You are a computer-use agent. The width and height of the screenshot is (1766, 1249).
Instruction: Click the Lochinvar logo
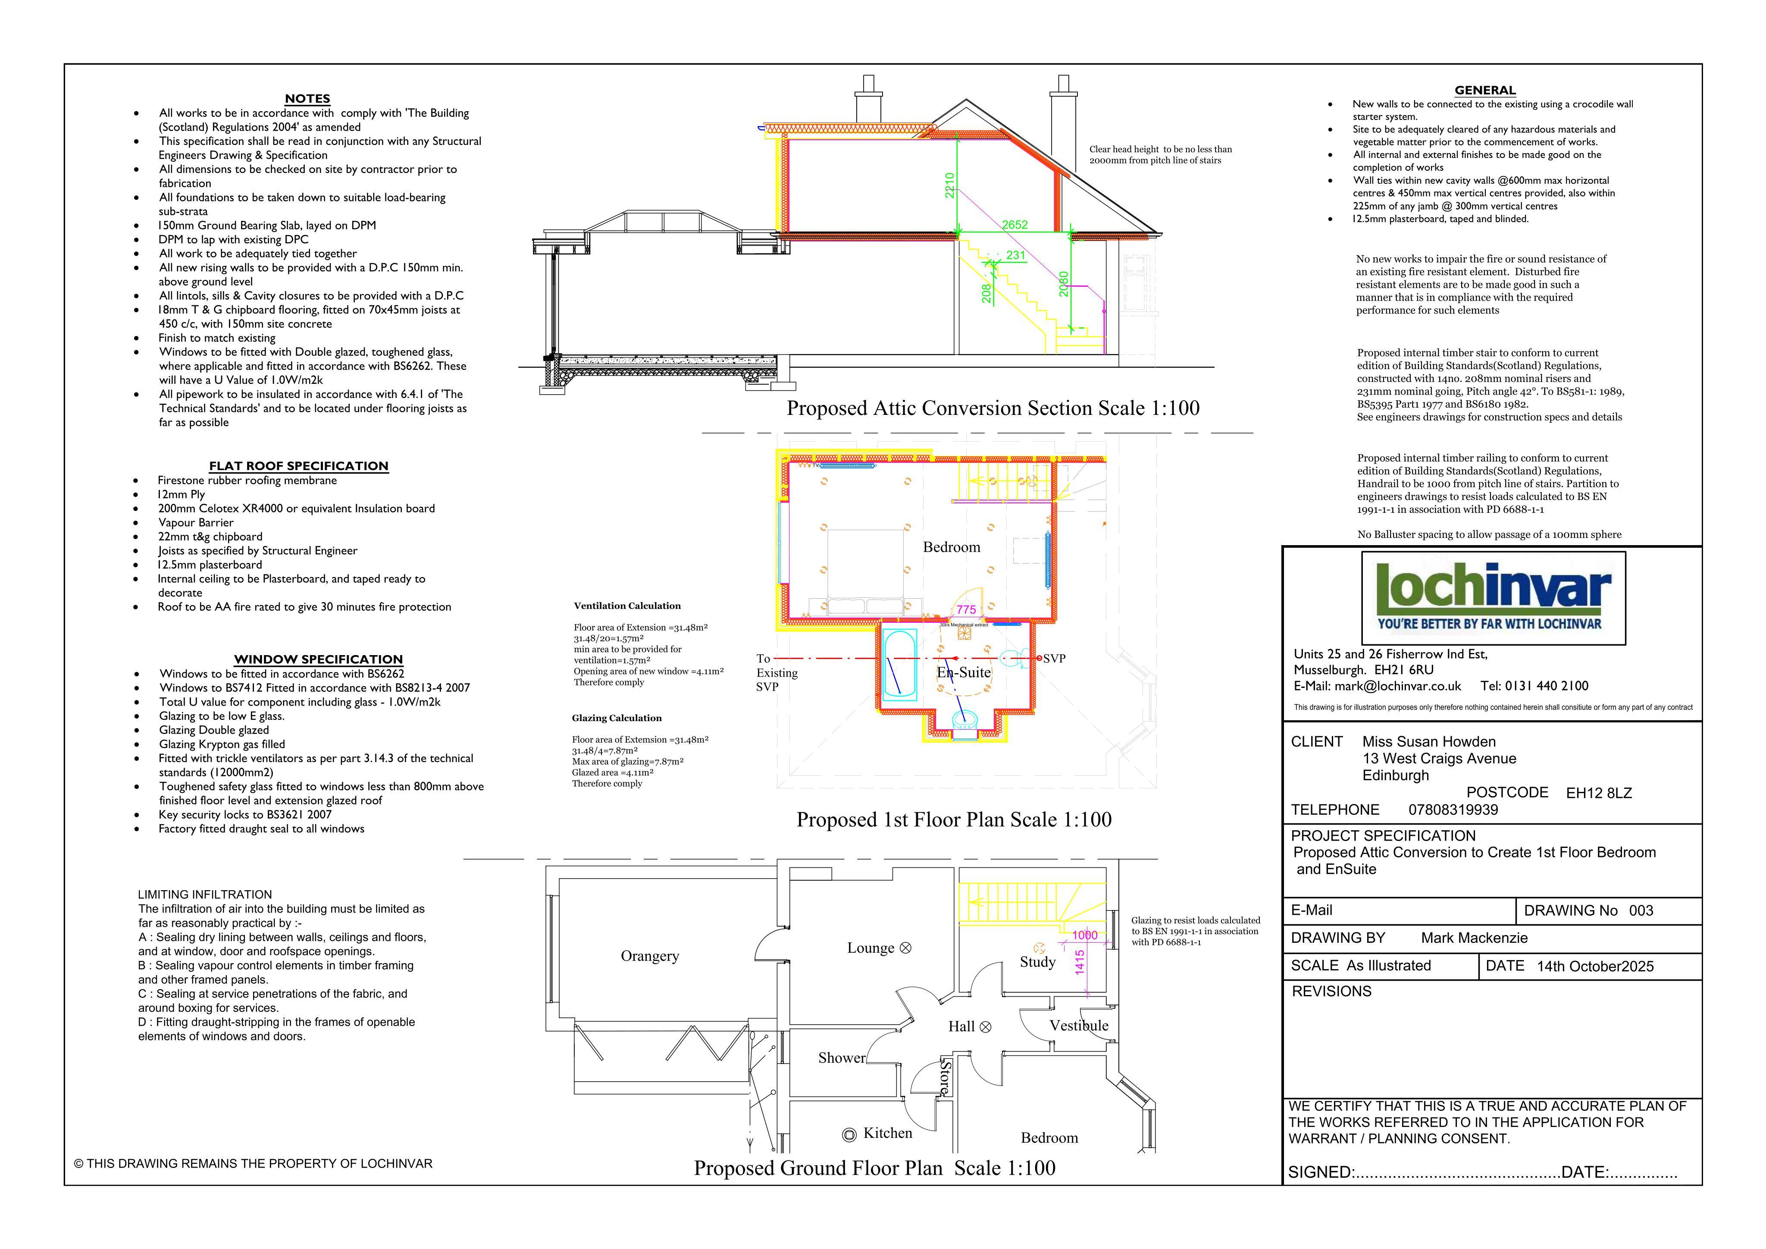pyautogui.click(x=1493, y=597)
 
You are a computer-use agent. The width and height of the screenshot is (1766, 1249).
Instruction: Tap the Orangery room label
pyautogui.click(x=650, y=957)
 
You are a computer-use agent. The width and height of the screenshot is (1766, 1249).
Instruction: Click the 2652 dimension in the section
pyautogui.click(x=1015, y=225)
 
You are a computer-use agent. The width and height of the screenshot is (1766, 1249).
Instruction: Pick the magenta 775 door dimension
pyautogui.click(x=966, y=609)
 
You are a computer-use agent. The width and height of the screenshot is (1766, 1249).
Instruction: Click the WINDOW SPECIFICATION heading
pyautogui.click(x=319, y=659)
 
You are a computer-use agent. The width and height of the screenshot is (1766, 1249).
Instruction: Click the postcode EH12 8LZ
pyautogui.click(x=1599, y=794)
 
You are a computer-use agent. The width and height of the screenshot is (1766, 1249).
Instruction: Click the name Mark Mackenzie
pyautogui.click(x=1475, y=938)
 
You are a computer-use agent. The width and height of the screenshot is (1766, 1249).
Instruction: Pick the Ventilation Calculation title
pyautogui.click(x=627, y=606)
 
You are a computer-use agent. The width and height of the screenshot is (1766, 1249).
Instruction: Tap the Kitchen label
pyautogui.click(x=888, y=1133)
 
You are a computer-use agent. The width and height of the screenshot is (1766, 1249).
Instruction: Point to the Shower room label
pyautogui.click(x=842, y=1058)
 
